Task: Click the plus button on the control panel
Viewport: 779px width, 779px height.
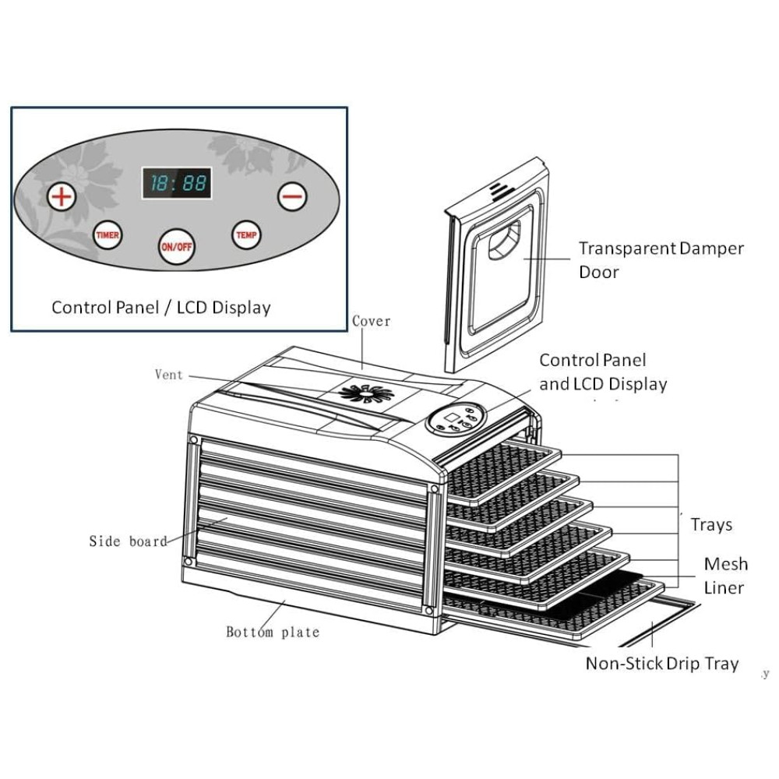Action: coord(62,196)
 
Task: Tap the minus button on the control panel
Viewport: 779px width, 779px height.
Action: coord(293,196)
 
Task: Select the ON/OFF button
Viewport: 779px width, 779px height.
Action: coord(177,247)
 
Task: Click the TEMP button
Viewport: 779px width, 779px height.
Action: coord(246,234)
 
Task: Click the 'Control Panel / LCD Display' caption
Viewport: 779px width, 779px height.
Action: coord(161,307)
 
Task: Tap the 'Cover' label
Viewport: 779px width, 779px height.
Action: coord(372,321)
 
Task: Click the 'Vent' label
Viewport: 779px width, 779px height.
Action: coord(169,375)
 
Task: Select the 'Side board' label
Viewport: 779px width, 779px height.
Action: coord(128,541)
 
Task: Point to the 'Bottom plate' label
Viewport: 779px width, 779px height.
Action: coord(273,632)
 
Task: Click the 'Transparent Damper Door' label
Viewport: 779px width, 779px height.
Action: coord(661,260)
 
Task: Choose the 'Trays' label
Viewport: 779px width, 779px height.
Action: coord(711,524)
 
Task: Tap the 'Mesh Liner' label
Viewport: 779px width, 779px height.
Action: coord(725,575)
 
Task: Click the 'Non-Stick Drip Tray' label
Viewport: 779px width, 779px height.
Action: coord(662,664)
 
